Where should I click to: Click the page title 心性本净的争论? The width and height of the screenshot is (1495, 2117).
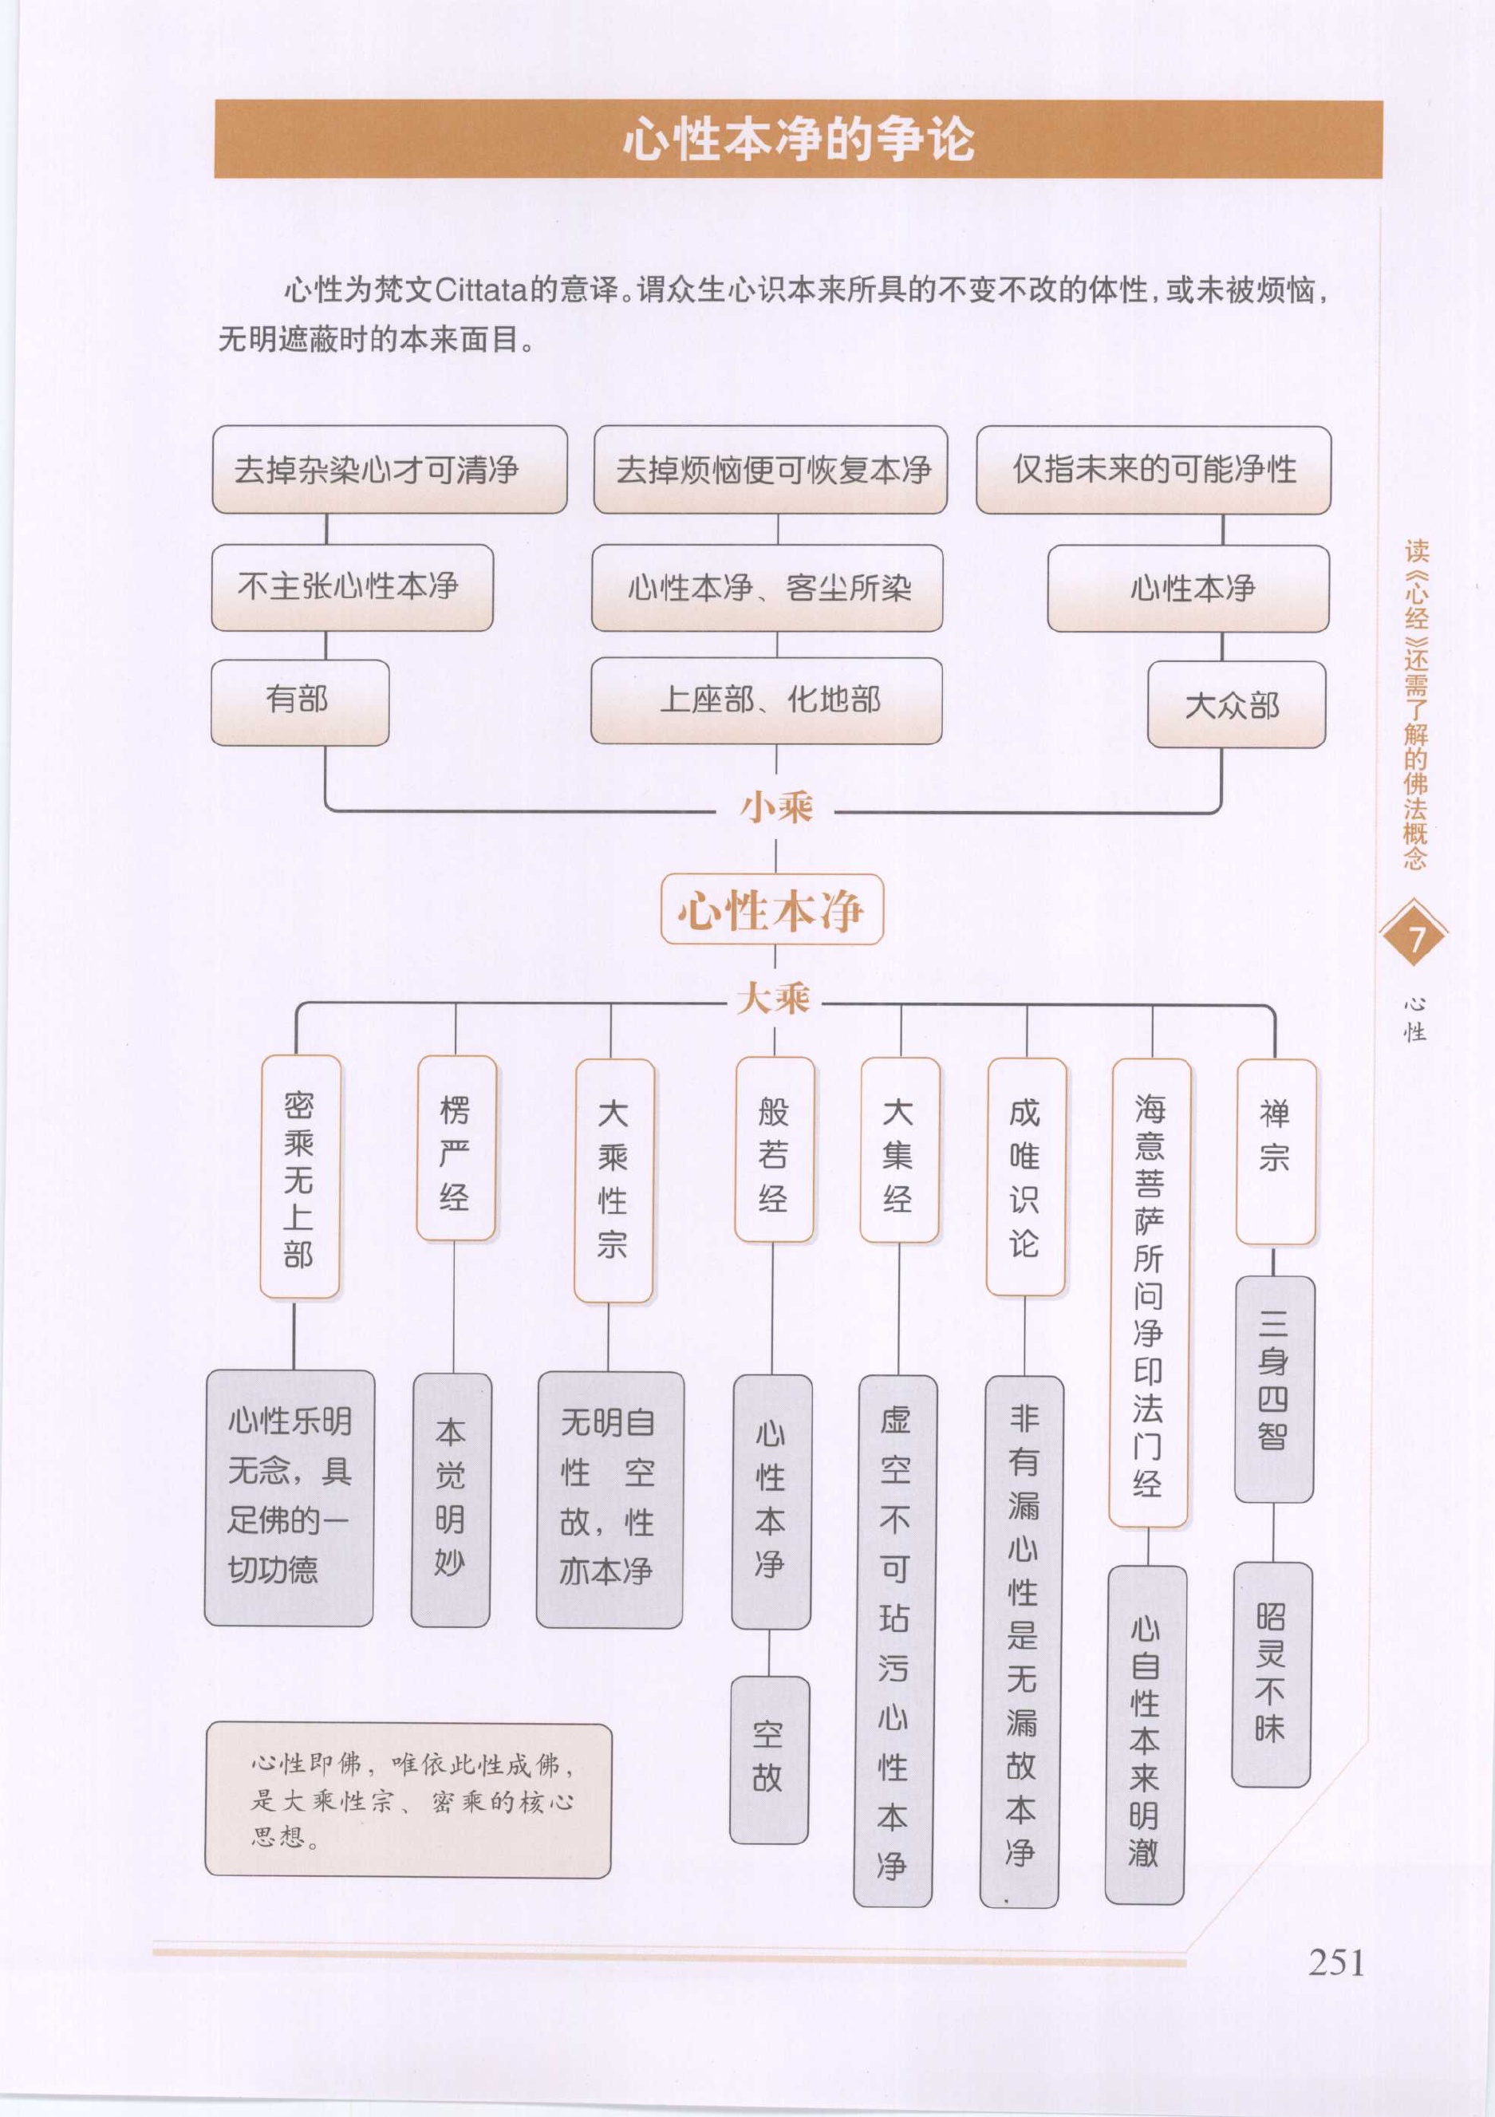click(799, 140)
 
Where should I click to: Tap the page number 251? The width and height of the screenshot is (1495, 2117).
click(1336, 1962)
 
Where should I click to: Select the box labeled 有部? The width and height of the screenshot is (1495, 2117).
click(300, 702)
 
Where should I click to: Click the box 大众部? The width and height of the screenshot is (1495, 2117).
click(1236, 704)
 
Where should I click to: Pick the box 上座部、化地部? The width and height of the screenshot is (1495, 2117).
click(767, 701)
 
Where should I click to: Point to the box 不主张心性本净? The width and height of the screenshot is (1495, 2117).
click(353, 587)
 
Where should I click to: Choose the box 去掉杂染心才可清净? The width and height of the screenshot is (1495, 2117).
click(389, 469)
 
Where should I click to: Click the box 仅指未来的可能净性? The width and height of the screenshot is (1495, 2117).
click(1154, 469)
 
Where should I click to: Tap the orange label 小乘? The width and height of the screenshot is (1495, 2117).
click(776, 806)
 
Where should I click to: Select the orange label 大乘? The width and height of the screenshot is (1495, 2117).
click(773, 998)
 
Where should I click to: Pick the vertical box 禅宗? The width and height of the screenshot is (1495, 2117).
click(1276, 1152)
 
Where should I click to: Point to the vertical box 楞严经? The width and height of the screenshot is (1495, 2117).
click(456, 1148)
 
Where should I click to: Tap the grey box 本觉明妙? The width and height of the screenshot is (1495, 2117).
click(451, 1500)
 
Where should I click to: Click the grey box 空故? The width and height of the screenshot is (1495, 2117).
click(769, 1760)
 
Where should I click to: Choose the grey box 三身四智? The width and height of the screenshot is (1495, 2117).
click(1274, 1390)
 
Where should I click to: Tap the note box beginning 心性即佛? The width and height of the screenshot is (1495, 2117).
click(408, 1800)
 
